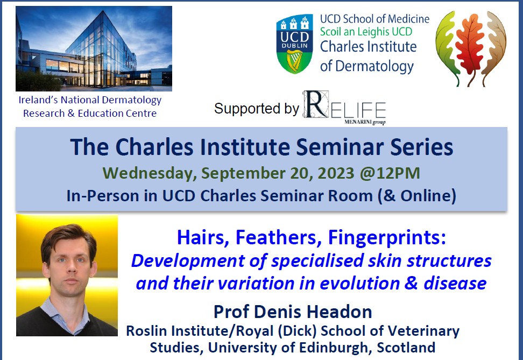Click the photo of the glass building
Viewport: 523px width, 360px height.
94,48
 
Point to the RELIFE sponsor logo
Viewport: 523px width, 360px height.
344,108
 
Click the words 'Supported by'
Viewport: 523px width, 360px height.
256,108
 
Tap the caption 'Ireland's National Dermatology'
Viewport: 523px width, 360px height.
90,100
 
